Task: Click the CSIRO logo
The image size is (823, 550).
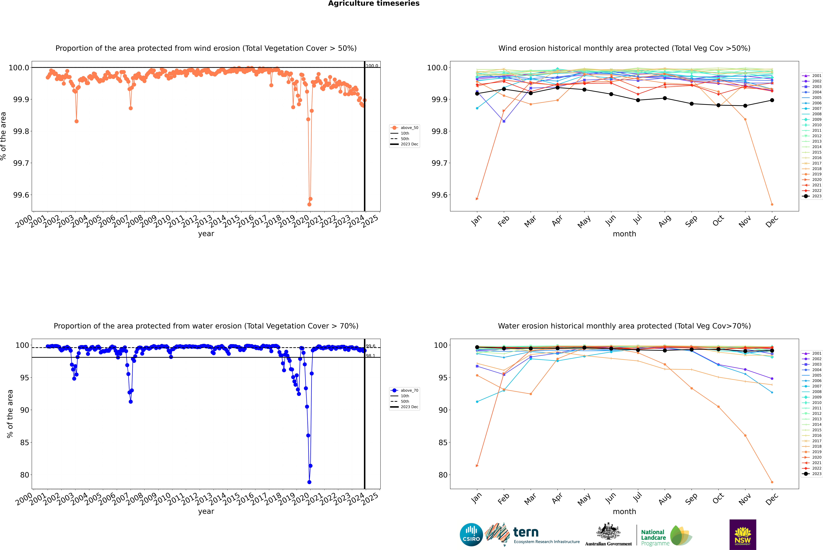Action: click(471, 535)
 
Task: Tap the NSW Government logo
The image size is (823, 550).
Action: click(743, 535)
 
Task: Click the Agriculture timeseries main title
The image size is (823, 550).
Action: click(374, 3)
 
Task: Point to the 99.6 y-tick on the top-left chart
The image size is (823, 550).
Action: click(21, 195)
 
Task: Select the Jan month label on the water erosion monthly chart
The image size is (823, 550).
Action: click(476, 498)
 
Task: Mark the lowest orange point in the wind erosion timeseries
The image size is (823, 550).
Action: click(309, 204)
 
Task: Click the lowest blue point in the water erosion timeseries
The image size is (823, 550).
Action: click(309, 482)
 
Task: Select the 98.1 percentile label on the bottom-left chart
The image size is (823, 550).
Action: click(370, 356)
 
